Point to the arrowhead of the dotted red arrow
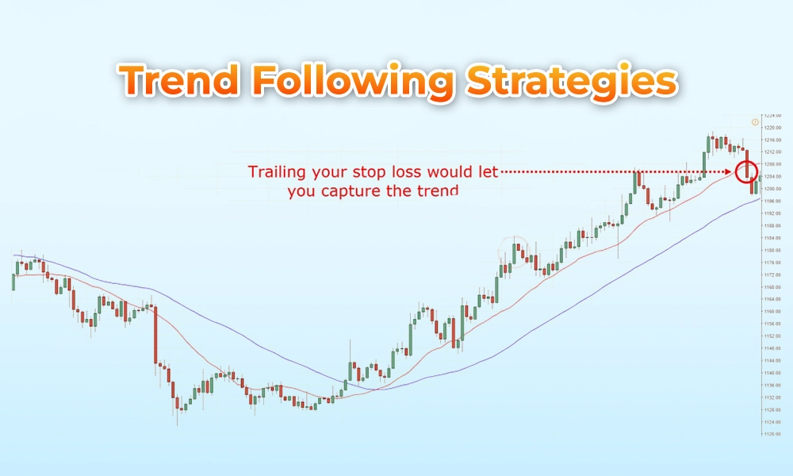click(x=732, y=171)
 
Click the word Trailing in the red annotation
click(x=274, y=172)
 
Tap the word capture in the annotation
click(x=358, y=191)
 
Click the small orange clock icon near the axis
click(x=755, y=122)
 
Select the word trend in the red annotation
click(x=439, y=191)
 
